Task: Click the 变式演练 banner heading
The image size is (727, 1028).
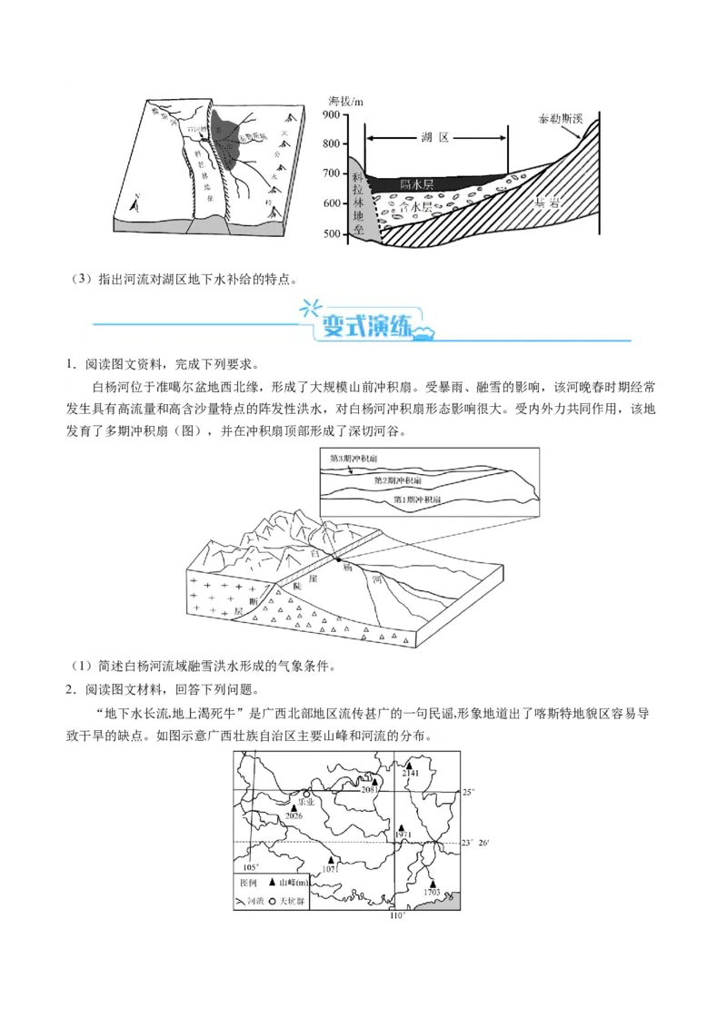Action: (363, 324)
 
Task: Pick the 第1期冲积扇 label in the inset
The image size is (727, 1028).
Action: (417, 499)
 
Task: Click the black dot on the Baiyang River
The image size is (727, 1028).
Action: (336, 558)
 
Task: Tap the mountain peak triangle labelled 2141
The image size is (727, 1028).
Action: (409, 766)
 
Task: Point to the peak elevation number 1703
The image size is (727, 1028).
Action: (433, 894)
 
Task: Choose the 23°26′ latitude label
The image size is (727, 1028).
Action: (475, 844)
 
